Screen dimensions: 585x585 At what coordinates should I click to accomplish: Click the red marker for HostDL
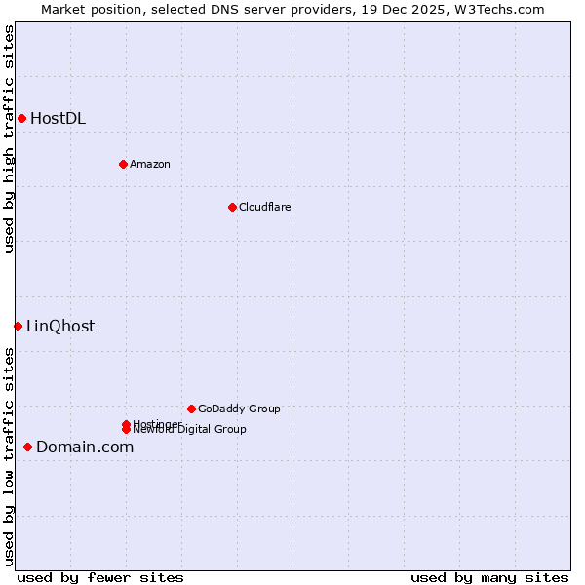point(21,119)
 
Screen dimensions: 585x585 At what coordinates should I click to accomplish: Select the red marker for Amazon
point(123,164)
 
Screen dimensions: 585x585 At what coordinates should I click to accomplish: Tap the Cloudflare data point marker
point(232,207)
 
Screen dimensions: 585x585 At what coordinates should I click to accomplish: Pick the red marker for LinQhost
point(18,326)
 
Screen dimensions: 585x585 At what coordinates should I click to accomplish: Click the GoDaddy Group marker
point(191,409)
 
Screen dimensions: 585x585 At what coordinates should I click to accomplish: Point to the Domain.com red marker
point(27,447)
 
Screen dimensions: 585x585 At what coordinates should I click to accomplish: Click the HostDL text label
point(58,119)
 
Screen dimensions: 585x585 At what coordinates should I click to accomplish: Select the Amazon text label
point(149,164)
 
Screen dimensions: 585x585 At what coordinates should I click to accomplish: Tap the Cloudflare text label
point(264,207)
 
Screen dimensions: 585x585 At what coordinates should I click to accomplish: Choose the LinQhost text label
point(60,327)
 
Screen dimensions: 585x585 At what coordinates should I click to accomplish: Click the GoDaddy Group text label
point(239,409)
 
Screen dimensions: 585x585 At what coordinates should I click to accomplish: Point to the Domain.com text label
point(85,448)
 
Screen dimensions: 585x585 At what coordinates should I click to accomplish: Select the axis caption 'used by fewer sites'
point(100,577)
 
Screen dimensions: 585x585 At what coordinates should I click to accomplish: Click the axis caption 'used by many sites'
point(489,577)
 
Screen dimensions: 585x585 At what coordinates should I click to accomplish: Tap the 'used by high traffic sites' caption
point(9,138)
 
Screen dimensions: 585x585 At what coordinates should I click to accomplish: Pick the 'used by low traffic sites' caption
point(9,456)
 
